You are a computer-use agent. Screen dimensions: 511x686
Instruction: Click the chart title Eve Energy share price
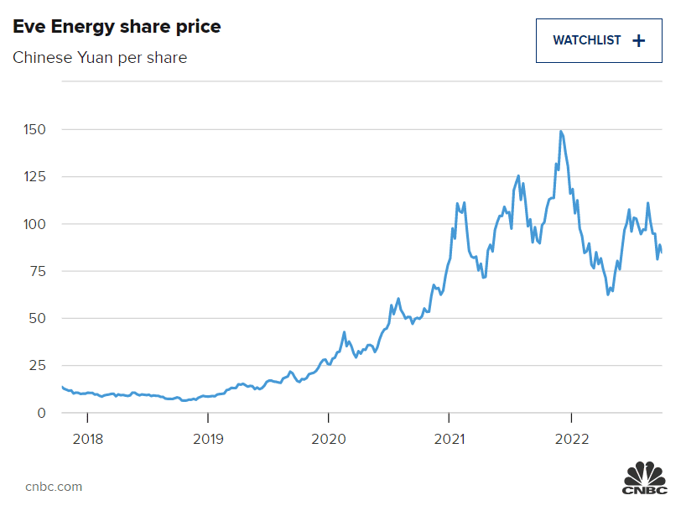click(117, 27)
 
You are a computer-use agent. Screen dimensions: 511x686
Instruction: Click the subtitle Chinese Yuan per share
click(100, 58)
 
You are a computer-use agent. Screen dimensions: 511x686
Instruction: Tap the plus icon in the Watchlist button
click(639, 40)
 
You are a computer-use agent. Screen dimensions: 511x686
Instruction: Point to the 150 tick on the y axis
click(35, 130)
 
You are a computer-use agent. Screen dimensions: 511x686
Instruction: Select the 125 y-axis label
click(35, 177)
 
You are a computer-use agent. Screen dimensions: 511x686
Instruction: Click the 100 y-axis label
click(35, 224)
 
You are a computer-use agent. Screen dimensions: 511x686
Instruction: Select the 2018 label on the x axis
click(88, 439)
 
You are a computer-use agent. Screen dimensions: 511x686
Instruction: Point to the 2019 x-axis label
click(208, 439)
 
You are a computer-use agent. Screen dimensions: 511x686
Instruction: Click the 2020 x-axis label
click(328, 439)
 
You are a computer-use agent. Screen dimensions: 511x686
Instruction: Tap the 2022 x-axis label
click(571, 439)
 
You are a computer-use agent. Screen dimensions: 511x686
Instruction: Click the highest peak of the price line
click(560, 131)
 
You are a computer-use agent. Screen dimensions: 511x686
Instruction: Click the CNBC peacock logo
click(643, 476)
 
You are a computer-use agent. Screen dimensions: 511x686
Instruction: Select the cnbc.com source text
click(54, 486)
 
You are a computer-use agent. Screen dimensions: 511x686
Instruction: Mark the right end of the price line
click(662, 252)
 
